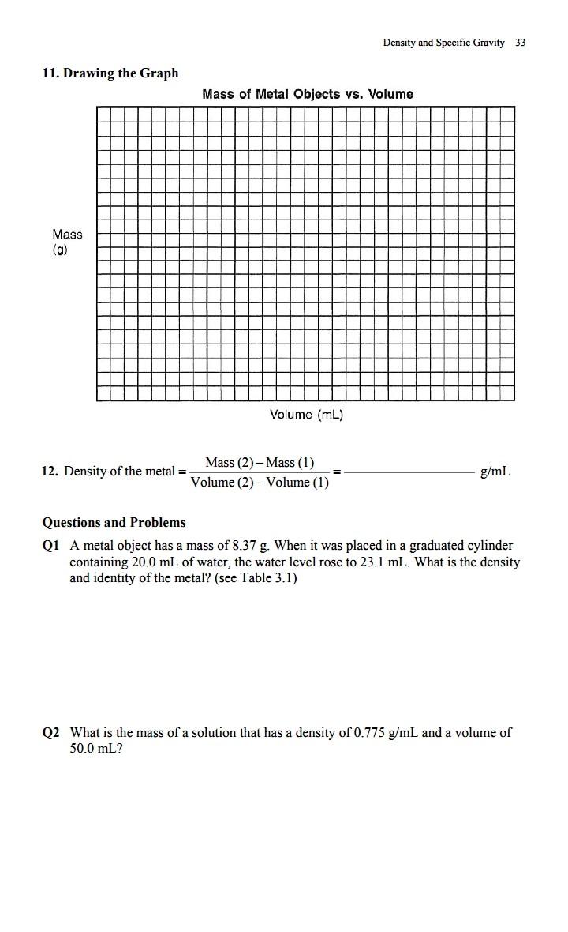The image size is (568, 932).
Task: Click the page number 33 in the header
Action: pos(520,43)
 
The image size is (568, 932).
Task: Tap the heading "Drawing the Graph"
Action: pos(121,73)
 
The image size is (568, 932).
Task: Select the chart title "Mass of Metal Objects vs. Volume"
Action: pos(307,94)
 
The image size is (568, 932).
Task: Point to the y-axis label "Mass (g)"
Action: pos(66,241)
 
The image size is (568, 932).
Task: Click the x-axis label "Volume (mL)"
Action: pos(306,415)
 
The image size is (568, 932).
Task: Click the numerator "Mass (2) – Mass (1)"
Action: pos(260,462)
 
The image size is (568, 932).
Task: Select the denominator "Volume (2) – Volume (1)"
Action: pos(260,483)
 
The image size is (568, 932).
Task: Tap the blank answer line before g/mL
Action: pos(409,472)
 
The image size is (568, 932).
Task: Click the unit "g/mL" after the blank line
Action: pos(495,472)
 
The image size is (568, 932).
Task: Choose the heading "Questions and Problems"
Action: pos(114,522)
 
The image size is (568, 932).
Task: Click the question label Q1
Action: pos(50,546)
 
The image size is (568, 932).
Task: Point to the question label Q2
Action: pos(50,733)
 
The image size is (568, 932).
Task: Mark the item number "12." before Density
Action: pos(50,472)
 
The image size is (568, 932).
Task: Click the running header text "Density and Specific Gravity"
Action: pos(443,43)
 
